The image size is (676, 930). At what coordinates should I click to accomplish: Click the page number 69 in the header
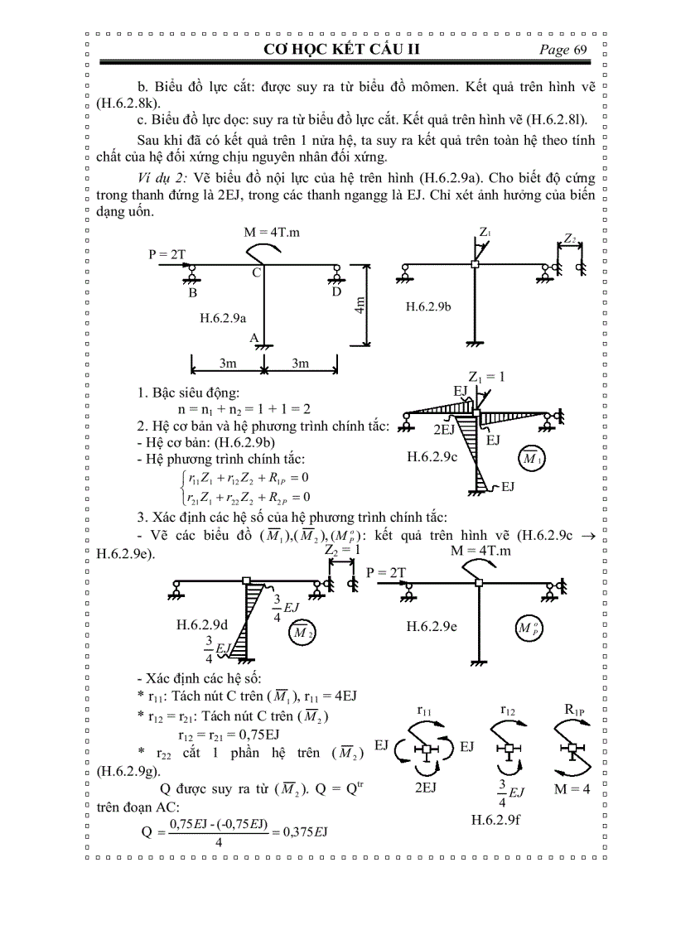tap(578, 50)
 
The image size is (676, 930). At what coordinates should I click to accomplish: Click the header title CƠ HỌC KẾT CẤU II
tap(342, 50)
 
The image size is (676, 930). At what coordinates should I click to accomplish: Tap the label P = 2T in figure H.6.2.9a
tap(167, 254)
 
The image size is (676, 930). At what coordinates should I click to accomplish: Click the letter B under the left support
tap(192, 292)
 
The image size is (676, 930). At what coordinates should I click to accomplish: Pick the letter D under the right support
tap(336, 292)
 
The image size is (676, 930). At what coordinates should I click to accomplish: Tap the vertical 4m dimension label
tap(360, 307)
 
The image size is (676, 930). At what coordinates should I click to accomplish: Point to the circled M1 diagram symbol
tap(528, 458)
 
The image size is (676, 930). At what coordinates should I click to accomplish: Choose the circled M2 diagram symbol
tap(301, 633)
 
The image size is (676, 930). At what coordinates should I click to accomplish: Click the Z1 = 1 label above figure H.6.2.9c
tap(486, 376)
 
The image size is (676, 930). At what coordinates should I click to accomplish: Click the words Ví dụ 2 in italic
tap(165, 181)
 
